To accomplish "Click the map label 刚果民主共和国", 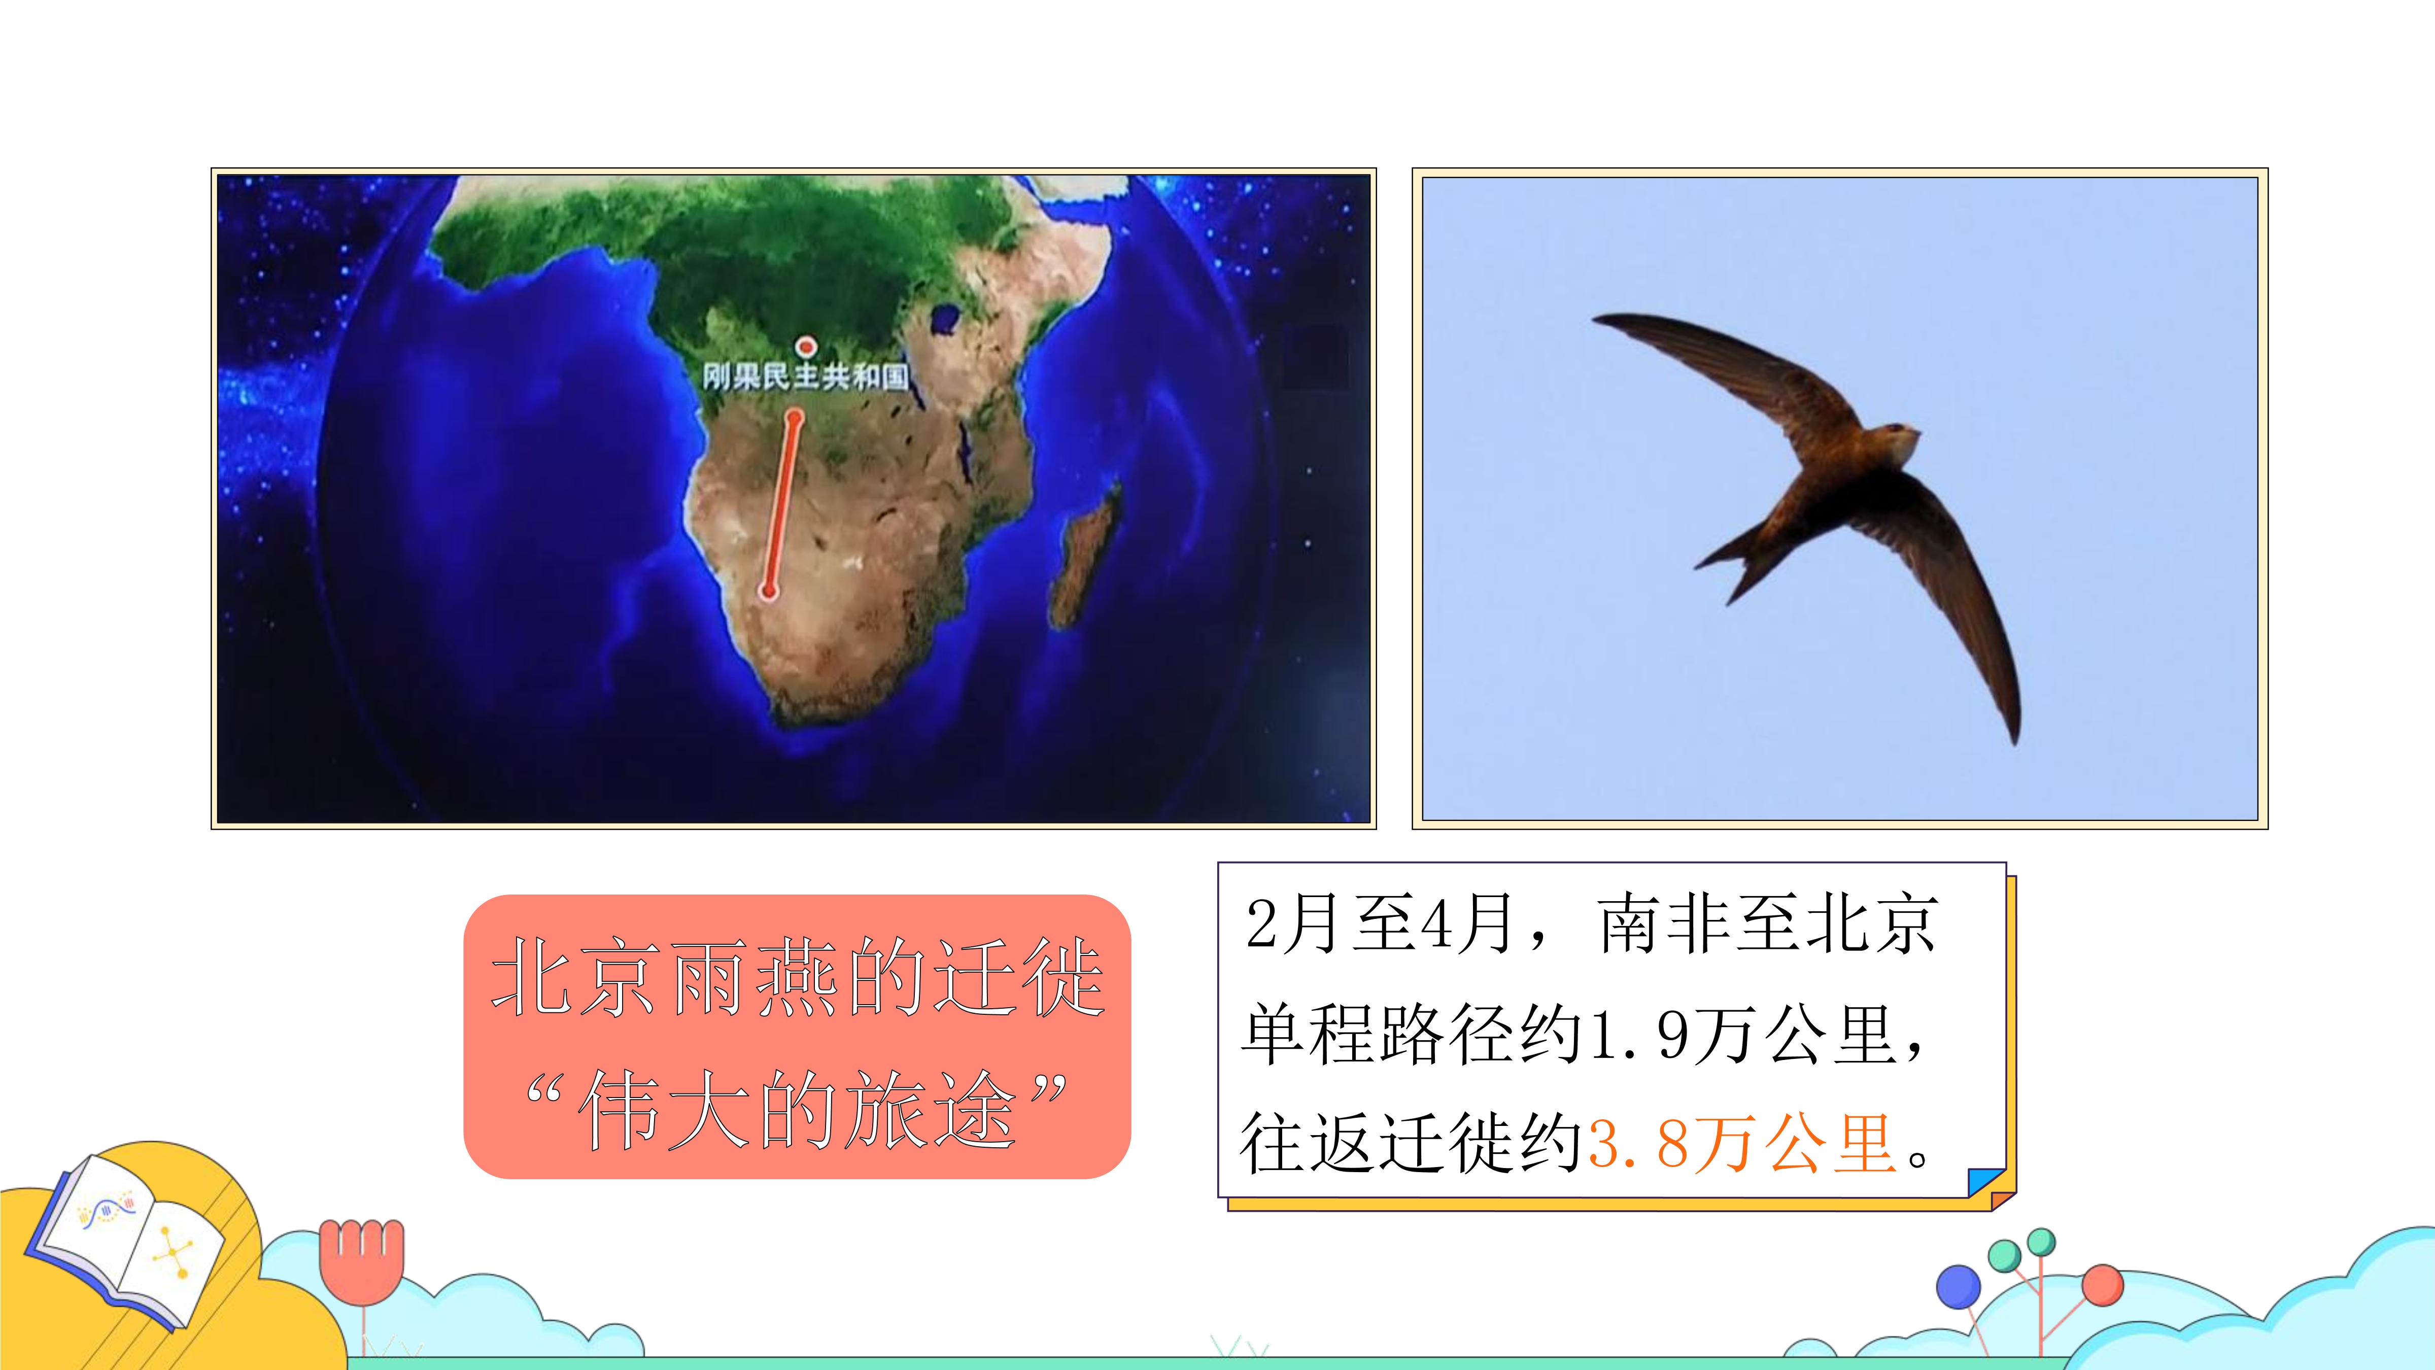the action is (x=804, y=377).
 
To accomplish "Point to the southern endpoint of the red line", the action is (x=769, y=592).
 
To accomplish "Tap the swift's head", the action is (x=1895, y=439).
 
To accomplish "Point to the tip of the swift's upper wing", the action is (x=1594, y=319).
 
